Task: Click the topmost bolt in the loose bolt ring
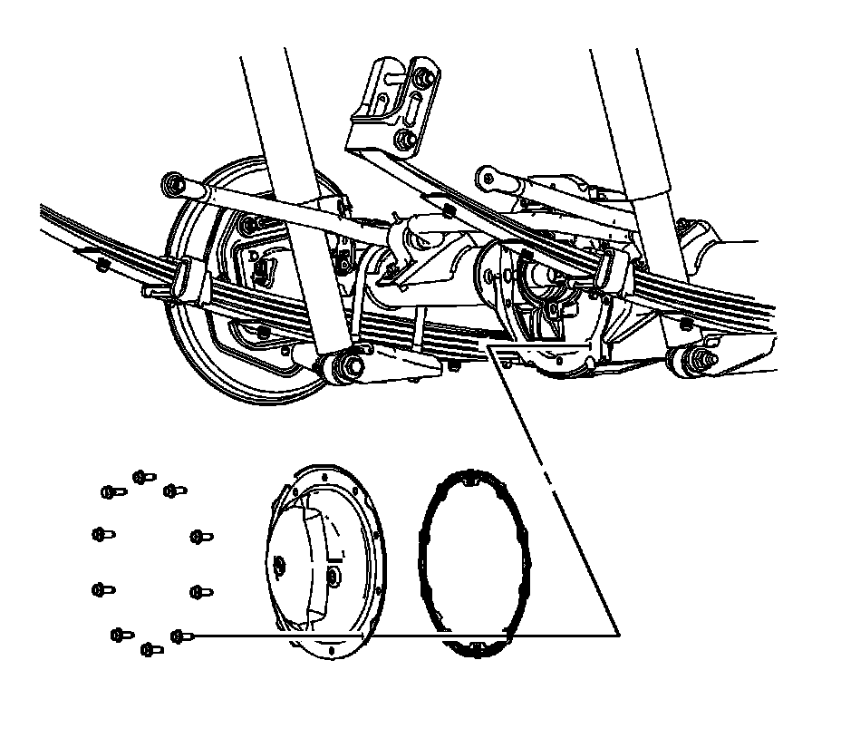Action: (x=140, y=476)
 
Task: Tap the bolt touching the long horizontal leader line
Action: (x=179, y=636)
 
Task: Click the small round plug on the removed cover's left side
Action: (x=280, y=568)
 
